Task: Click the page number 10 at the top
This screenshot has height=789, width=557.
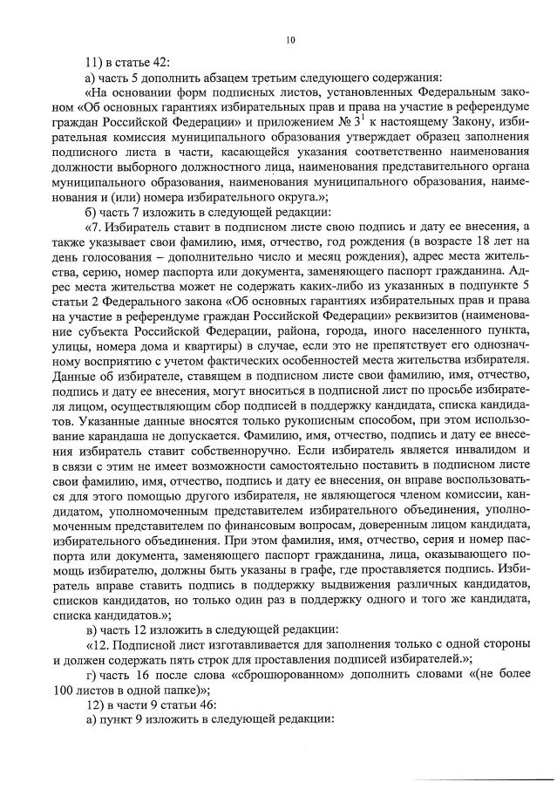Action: point(290,39)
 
